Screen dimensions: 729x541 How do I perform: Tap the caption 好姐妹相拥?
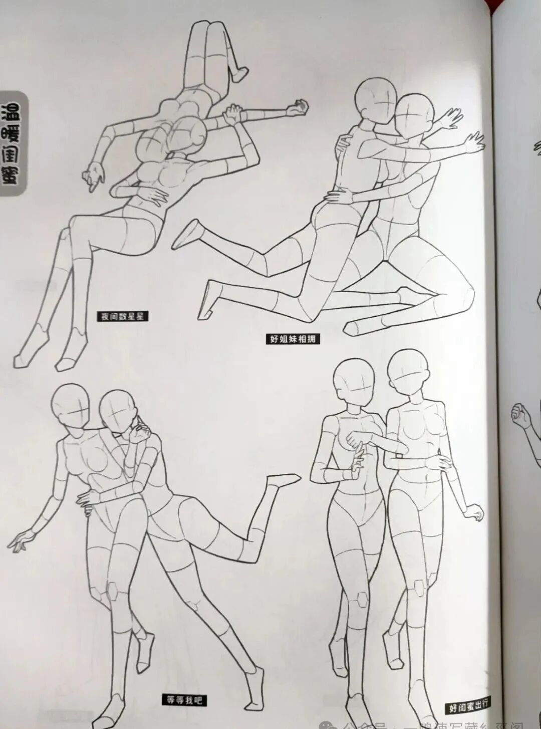(x=293, y=339)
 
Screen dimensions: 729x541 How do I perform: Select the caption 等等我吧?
(x=184, y=700)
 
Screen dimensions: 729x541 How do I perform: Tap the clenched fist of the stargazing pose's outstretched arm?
(x=301, y=106)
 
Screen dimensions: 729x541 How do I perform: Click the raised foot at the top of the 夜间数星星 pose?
(x=239, y=73)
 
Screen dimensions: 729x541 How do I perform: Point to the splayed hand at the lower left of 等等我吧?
(x=20, y=541)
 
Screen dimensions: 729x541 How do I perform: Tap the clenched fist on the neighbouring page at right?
(x=519, y=416)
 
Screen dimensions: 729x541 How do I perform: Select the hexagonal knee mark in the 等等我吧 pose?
(x=111, y=591)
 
